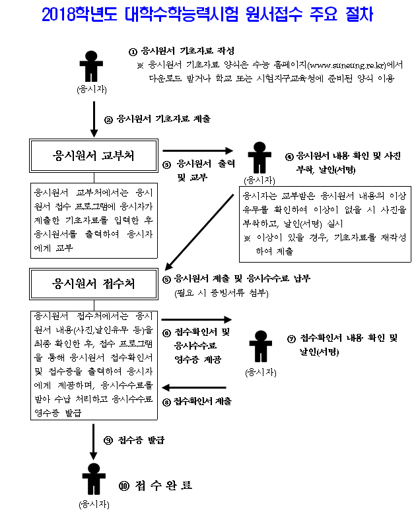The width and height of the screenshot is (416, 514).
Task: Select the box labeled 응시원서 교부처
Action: (x=93, y=156)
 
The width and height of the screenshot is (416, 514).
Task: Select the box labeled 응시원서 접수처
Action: (x=93, y=284)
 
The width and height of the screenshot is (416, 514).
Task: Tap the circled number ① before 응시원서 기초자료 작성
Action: (x=132, y=51)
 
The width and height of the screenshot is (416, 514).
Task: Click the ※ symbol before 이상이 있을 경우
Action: (x=248, y=238)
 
